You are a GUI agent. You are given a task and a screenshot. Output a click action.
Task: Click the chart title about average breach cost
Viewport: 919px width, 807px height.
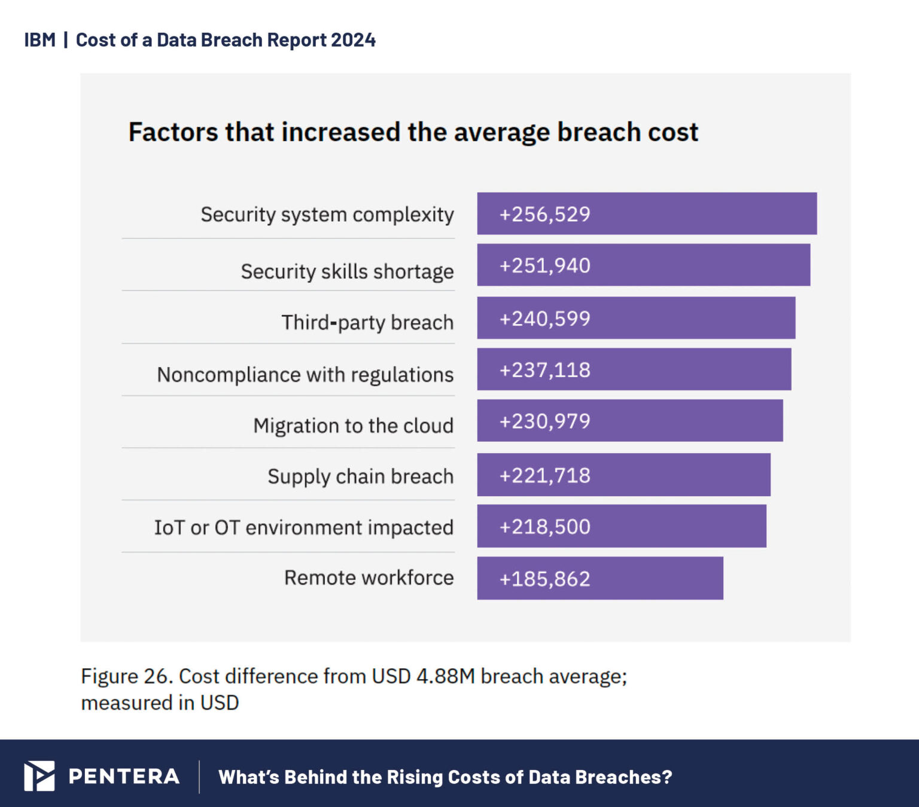click(413, 132)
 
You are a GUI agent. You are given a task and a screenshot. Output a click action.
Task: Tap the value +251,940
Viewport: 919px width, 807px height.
click(544, 265)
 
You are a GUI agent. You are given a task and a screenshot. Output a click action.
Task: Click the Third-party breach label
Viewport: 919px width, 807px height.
click(367, 322)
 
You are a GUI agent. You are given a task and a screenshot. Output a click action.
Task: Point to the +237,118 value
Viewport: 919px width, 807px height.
click(544, 370)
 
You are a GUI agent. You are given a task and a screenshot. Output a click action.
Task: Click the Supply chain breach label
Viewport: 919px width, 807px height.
click(360, 476)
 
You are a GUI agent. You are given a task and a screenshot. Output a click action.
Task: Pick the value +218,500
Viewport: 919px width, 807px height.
click(544, 527)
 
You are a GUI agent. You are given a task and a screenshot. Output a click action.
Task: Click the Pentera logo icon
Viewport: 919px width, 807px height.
click(39, 776)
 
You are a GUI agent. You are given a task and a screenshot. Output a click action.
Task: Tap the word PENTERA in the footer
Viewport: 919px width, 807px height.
click(124, 777)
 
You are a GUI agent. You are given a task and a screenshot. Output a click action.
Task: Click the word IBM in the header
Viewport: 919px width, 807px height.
click(39, 40)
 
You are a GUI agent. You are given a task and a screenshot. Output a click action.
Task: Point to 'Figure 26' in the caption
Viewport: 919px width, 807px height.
click(127, 676)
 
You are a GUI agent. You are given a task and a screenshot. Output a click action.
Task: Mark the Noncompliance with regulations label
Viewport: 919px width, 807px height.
click(305, 375)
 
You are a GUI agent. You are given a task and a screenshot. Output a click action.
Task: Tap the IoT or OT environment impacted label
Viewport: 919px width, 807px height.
click(303, 528)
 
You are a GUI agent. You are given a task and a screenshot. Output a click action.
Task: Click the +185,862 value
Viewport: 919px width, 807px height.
click(544, 579)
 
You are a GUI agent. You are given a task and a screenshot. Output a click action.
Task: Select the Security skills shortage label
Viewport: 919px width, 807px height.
click(347, 271)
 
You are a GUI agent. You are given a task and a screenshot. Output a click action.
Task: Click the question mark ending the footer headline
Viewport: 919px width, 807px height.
click(667, 777)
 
